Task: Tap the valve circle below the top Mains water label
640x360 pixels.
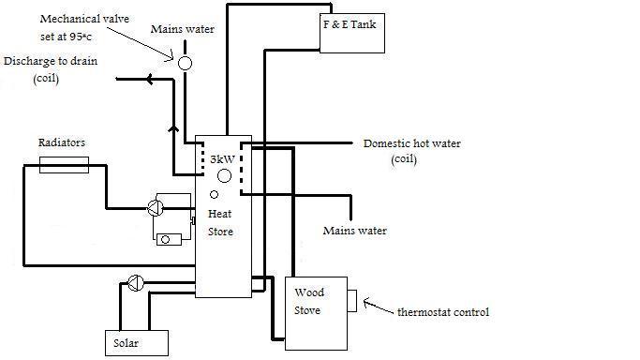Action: coord(185,63)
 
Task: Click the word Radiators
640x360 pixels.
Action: coord(62,142)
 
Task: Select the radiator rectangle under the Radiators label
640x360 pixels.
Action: coord(65,165)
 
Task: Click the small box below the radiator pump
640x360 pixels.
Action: coord(169,239)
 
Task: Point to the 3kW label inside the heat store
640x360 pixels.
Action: coord(222,160)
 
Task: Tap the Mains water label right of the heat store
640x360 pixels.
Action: coord(353,231)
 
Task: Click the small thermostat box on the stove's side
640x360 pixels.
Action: coord(351,301)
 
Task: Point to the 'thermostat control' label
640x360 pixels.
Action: coord(444,311)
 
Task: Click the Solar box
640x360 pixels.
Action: coord(136,343)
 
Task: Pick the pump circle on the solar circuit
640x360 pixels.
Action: coord(136,280)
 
